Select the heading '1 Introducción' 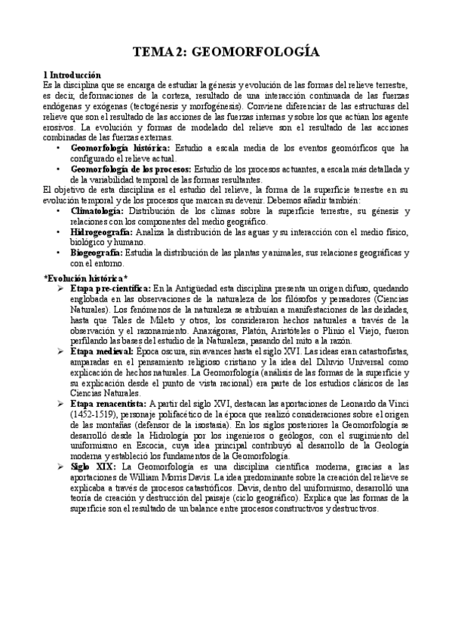tap(72, 75)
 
